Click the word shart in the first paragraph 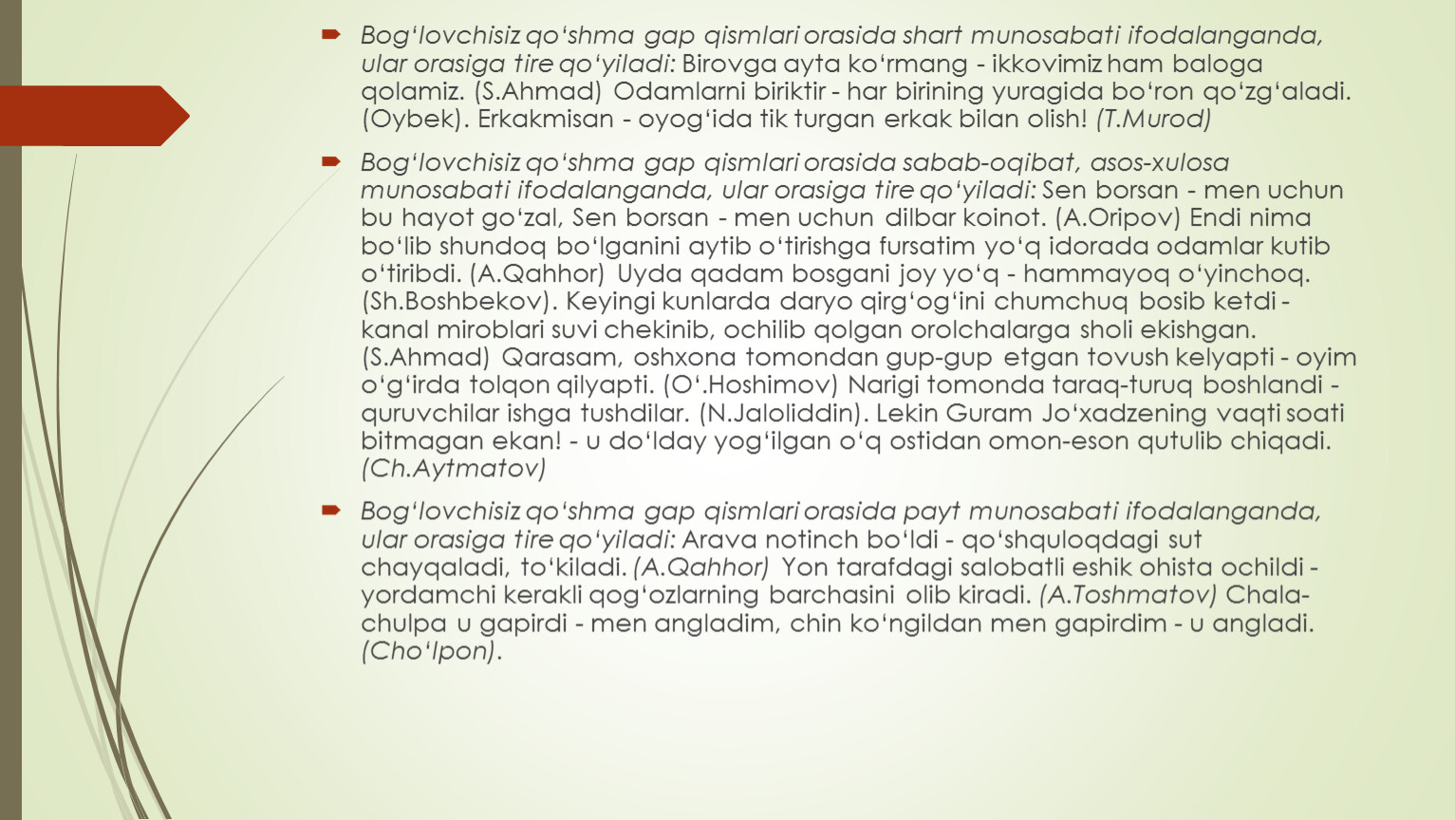coord(932,36)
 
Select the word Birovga coord(723,64)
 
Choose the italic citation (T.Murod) coord(1153,120)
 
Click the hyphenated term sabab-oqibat coord(992,162)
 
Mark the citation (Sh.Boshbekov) coord(457,302)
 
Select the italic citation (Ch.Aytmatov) coord(454,468)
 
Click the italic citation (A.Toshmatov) coord(1128,595)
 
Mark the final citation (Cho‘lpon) coord(428,651)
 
